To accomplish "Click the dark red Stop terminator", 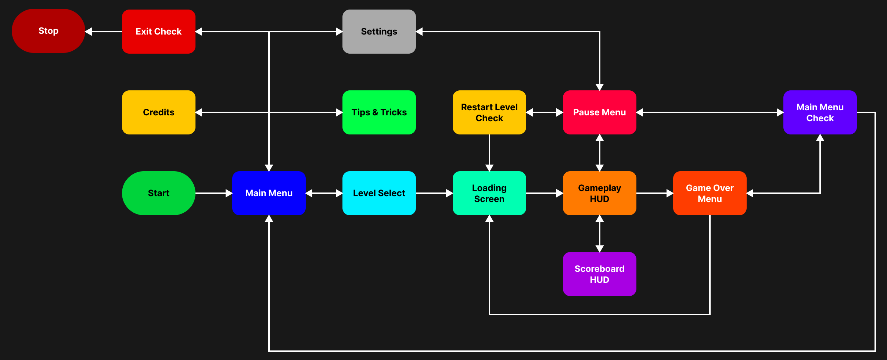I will pyautogui.click(x=48, y=31).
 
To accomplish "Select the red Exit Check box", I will pyautogui.click(x=158, y=32).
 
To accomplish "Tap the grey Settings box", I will pyautogui.click(x=379, y=32).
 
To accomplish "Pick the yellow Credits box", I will pyautogui.click(x=158, y=112).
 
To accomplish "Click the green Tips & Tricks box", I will pyautogui.click(x=379, y=112).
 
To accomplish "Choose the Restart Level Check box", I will pyautogui.click(x=489, y=112).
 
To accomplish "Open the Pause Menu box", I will pyautogui.click(x=599, y=112).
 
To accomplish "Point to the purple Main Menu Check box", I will pyautogui.click(x=820, y=112).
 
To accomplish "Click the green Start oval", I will pyautogui.click(x=158, y=193).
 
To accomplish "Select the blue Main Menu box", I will pyautogui.click(x=269, y=193).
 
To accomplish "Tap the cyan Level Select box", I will pyautogui.click(x=379, y=193).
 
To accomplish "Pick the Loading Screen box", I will pyautogui.click(x=489, y=193).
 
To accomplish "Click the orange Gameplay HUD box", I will pyautogui.click(x=599, y=193).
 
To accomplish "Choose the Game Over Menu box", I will pyautogui.click(x=710, y=193).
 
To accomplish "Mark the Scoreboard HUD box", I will pyautogui.click(x=599, y=274).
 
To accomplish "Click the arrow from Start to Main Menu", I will pyautogui.click(x=213, y=193).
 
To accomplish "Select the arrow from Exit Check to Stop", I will pyautogui.click(x=103, y=32).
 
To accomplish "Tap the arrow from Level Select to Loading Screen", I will pyautogui.click(x=434, y=193).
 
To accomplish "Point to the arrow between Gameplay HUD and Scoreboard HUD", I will pyautogui.click(x=599, y=234).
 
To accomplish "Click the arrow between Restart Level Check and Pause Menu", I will pyautogui.click(x=544, y=112).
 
